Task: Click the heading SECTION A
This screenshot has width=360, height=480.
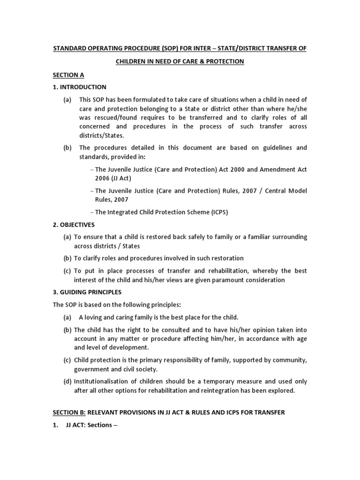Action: [x=68, y=75]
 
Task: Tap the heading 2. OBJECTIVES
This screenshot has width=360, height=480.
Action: [x=74, y=225]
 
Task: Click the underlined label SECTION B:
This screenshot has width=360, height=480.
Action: [x=69, y=412]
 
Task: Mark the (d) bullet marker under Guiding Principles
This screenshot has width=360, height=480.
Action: [x=67, y=382]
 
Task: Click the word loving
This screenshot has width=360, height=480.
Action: [x=95, y=317]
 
